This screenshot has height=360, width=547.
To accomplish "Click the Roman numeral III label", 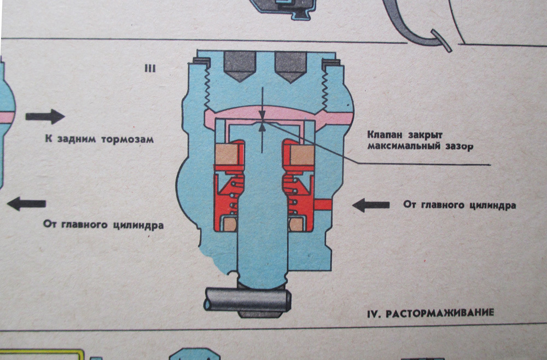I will tap(149, 69).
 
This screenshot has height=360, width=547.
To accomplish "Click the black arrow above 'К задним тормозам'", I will tap(45, 117).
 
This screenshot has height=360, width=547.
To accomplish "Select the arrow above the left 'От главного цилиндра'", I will tap(26, 204).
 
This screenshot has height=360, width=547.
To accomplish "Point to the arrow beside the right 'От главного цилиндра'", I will tap(370, 205).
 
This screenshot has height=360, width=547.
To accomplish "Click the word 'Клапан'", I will tap(385, 135).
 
